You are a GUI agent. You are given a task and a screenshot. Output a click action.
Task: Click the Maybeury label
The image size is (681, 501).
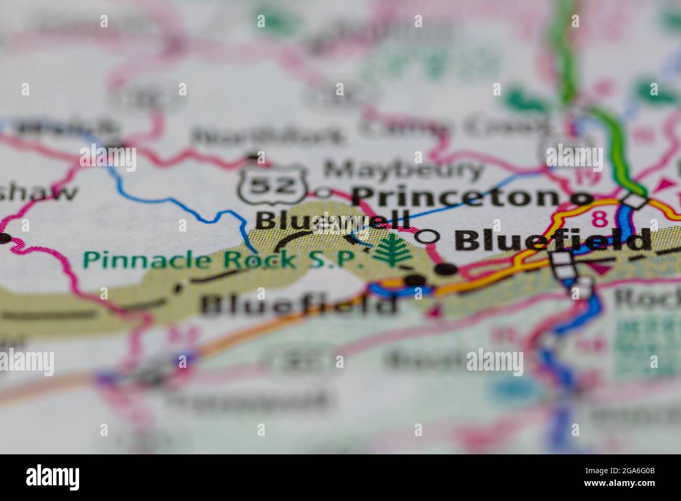coord(403,169)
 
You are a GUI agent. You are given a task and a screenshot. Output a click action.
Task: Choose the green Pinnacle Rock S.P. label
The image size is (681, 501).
coord(224,259)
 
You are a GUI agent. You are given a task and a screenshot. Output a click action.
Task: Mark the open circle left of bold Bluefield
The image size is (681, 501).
coord(427,237)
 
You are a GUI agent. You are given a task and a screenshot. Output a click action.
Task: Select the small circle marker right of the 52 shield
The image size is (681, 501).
coord(323,193)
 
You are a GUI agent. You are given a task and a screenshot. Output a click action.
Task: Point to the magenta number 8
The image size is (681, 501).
coord(596,218)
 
